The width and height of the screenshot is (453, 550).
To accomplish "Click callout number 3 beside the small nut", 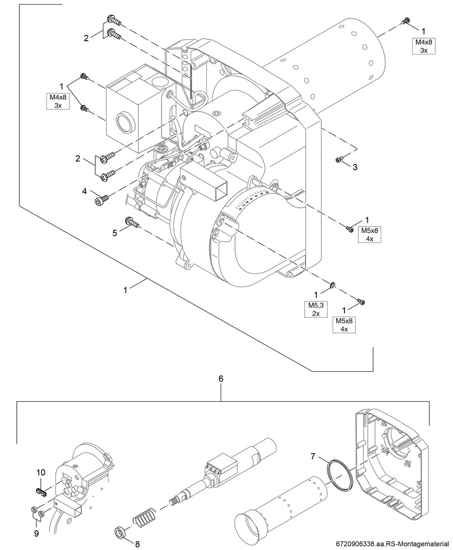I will [355, 167].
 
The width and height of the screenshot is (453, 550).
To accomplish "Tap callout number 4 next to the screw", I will [84, 192].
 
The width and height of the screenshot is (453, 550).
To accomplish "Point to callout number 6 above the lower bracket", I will [221, 379].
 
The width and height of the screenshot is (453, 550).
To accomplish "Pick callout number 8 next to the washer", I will [137, 543].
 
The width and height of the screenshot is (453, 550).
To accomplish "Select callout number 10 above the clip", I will [41, 473].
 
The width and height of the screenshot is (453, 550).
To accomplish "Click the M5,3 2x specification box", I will [316, 309].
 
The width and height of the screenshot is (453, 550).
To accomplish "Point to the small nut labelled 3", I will [339, 160].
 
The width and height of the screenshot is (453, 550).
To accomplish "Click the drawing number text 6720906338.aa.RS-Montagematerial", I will [393, 543].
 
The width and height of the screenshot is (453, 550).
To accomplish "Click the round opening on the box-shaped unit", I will [125, 123].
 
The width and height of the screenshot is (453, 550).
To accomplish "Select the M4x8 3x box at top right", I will [423, 46].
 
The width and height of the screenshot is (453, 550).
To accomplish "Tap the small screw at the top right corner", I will [407, 21].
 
